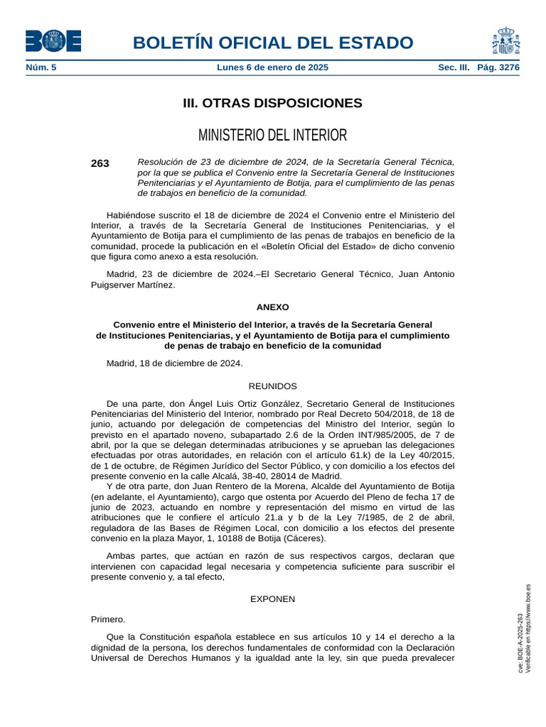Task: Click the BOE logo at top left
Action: click(53, 41)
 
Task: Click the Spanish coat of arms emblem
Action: click(505, 41)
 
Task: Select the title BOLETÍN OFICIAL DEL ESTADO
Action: click(273, 43)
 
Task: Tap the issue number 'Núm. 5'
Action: click(41, 68)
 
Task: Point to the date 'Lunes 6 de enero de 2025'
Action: click(272, 68)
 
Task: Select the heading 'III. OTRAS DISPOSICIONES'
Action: click(273, 103)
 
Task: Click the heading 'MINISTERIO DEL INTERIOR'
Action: click(273, 135)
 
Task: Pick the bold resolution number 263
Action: click(100, 163)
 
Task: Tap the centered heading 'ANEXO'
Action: click(273, 307)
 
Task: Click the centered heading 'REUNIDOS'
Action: click(273, 386)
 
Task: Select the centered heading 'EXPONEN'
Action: click(273, 599)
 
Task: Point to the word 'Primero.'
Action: click(108, 619)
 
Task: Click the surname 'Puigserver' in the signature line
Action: click(115, 285)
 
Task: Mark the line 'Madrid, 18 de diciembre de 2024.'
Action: click(175, 363)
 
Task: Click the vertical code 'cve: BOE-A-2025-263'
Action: click(520, 643)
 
